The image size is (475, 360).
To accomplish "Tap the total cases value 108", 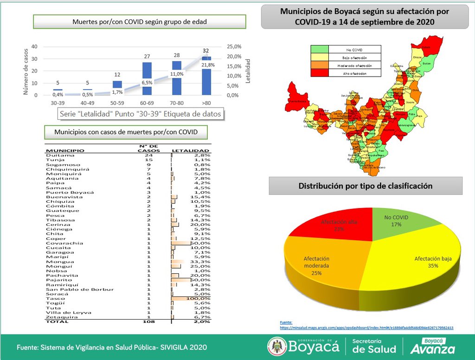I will click(x=149, y=321).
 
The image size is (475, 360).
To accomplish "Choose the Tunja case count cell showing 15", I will click(x=149, y=160).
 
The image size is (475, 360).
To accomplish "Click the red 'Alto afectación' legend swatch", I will click(x=320, y=73).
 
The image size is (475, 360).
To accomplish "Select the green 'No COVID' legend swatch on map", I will click(x=320, y=49).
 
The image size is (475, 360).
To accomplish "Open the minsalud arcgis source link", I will click(x=366, y=328).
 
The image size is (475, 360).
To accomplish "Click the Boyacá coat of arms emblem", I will click(x=277, y=347).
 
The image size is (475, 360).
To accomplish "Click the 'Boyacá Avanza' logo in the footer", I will click(x=435, y=346).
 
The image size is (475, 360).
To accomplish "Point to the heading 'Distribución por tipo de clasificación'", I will click(x=366, y=186).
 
